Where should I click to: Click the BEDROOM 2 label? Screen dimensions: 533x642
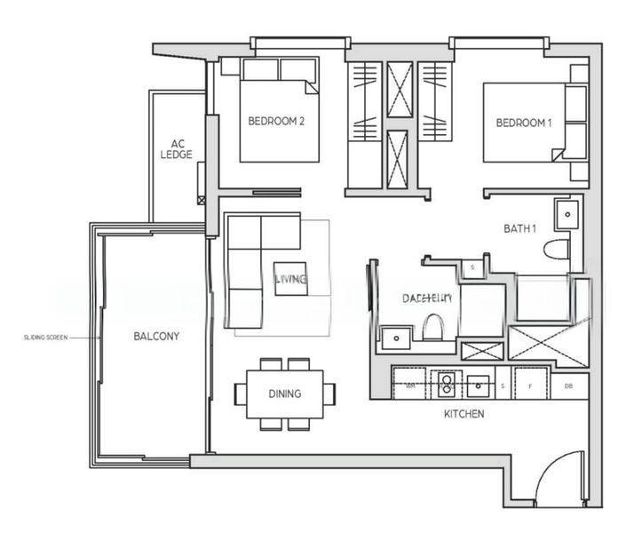[276, 123]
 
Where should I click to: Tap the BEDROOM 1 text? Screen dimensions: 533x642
[523, 123]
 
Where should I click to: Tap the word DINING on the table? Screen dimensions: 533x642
[285, 394]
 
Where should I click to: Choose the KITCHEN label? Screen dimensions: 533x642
[464, 414]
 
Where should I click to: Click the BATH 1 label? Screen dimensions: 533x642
[520, 228]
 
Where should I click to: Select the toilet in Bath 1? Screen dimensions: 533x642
[557, 248]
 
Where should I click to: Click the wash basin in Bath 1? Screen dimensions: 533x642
[566, 213]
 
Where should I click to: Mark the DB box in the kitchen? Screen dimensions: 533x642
[569, 386]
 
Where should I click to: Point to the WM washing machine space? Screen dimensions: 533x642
[410, 386]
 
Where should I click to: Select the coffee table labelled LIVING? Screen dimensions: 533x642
[291, 279]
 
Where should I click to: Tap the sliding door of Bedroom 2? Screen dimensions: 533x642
[276, 191]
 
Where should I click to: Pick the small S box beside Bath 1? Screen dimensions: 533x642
[472, 266]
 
